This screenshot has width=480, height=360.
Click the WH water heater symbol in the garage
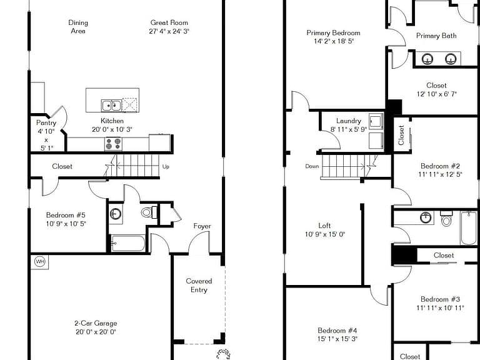coord(40,262)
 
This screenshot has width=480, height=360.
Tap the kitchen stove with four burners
coord(113,144)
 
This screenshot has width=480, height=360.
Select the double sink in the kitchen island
coord(111,106)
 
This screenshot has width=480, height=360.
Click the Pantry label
coord(46,122)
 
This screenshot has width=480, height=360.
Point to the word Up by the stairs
coord(166,166)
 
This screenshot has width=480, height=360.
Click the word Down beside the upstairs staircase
coord(312,166)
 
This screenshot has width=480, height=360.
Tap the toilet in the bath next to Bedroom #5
coord(149,212)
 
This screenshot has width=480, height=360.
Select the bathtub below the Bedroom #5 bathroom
coord(128,243)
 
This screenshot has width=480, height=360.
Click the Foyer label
coord(202,226)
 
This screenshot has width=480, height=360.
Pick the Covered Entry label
coord(199,285)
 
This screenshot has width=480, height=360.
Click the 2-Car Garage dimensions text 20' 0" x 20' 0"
coord(96,332)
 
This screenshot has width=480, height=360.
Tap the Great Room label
coord(169,22)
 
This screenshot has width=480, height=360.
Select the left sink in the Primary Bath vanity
coord(427,59)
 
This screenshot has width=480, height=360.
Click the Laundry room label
coord(349,121)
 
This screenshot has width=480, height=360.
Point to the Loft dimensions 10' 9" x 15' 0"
coord(325,234)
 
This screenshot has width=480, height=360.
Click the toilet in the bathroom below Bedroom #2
coord(446,219)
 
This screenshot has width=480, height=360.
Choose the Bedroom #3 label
coord(440,299)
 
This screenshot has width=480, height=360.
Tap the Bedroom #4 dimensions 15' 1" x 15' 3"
coord(337,339)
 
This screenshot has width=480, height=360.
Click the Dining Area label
coord(78,27)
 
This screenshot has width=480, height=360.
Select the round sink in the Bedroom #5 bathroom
coord(116,213)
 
